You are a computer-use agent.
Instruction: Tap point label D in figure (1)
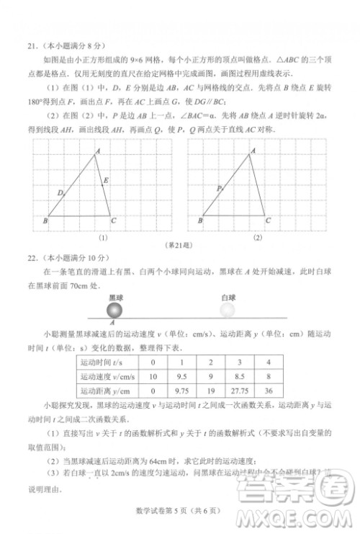pyautogui.click(x=60, y=192)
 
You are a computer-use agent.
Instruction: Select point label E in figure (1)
pyautogui.click(x=107, y=179)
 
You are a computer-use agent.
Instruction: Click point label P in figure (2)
pyautogui.click(x=218, y=188)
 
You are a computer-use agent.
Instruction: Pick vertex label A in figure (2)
pyautogui.click(x=253, y=149)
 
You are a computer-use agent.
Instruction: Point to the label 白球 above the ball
pyautogui.click(x=228, y=297)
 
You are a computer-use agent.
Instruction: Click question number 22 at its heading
pyautogui.click(x=32, y=257)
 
